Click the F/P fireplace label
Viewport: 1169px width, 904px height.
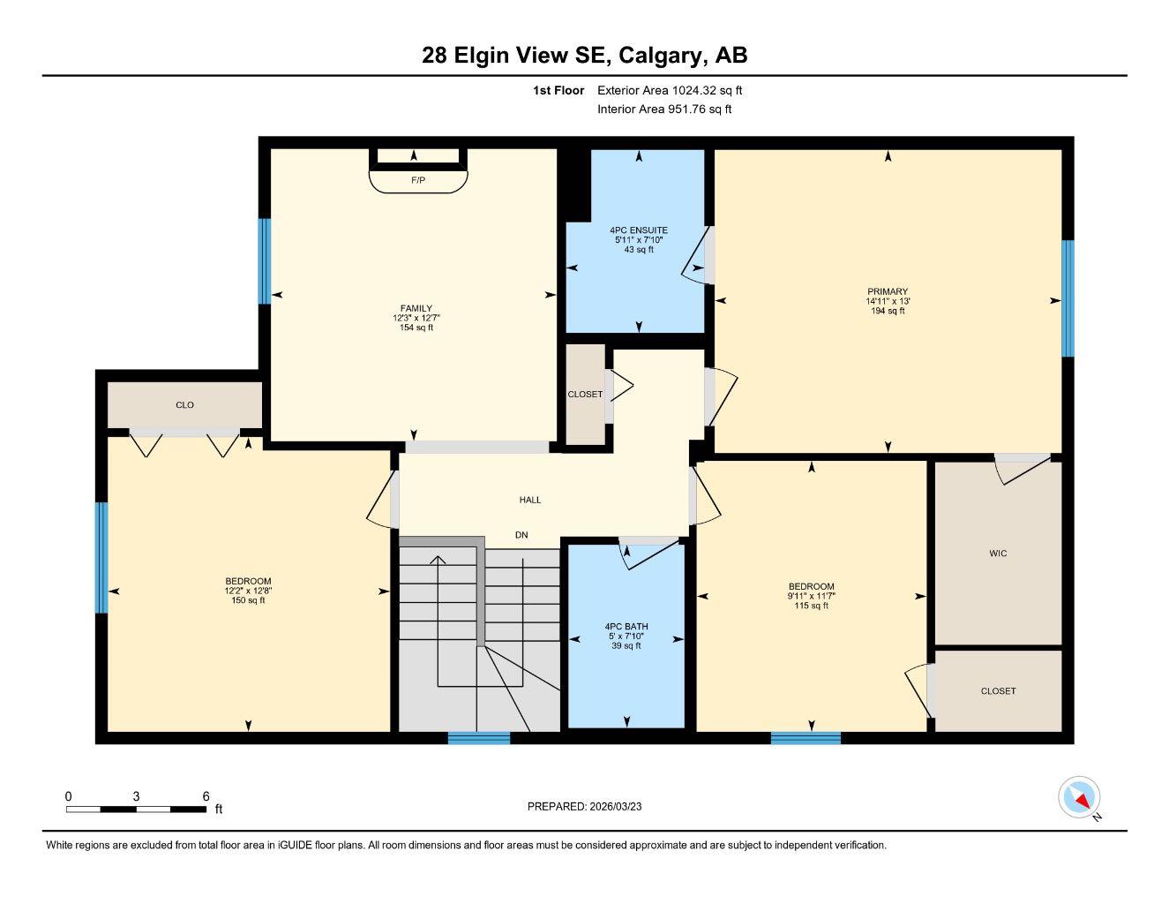(x=417, y=180)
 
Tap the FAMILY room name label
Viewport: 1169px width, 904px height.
(x=416, y=308)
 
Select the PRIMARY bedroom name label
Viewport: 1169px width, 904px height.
(x=887, y=291)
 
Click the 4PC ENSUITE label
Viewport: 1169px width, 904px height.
(x=639, y=230)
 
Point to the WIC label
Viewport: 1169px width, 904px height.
(x=998, y=554)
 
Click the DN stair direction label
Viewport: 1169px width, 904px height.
(x=521, y=535)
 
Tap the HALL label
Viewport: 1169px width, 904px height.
(x=529, y=500)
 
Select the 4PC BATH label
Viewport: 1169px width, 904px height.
(x=626, y=627)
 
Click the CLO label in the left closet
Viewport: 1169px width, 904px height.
(x=184, y=405)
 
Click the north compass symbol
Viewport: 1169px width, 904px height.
(x=1080, y=798)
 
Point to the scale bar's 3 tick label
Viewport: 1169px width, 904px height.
(x=136, y=796)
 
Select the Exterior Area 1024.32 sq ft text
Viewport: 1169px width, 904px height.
(x=670, y=90)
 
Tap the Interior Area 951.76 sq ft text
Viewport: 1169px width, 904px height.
(x=664, y=109)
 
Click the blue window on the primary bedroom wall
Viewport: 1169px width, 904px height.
(x=1068, y=298)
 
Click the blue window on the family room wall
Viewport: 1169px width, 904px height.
(x=264, y=261)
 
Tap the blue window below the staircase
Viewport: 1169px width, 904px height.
(x=478, y=738)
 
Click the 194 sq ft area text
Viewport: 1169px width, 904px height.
(x=887, y=311)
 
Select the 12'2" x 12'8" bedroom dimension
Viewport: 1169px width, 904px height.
(x=248, y=591)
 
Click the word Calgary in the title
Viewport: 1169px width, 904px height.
(x=661, y=55)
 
